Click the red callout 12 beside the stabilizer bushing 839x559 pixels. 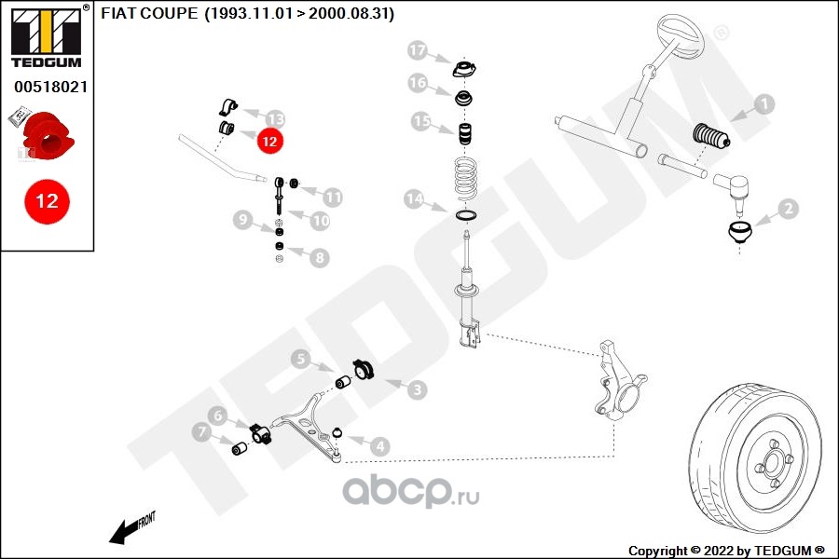269,142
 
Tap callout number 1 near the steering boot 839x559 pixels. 763,104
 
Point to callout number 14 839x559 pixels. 413,198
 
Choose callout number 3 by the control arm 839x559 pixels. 416,388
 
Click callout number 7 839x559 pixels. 201,432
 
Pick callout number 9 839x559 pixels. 242,221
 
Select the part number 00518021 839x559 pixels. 50,86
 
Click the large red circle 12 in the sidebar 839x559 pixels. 47,200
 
